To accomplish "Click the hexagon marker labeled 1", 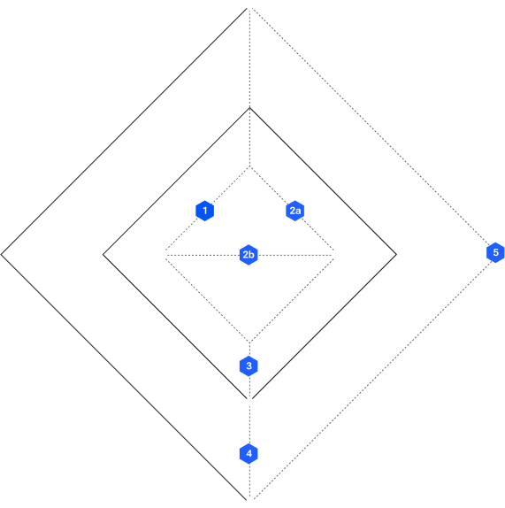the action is [204, 211].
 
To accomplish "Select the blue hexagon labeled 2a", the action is [295, 211].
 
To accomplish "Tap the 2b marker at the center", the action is [249, 255].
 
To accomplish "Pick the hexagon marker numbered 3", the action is [249, 366].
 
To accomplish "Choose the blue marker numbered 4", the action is [249, 453].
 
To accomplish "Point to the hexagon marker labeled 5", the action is [495, 252].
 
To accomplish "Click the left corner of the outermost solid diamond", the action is [1, 255].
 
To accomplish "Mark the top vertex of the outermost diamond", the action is [249, 7].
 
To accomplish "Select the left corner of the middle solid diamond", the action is [103, 255].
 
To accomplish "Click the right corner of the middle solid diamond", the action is [396, 255].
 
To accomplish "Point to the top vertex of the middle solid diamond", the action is [249, 108].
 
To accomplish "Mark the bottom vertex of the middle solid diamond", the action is [249, 399].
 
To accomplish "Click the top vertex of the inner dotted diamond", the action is [249, 167].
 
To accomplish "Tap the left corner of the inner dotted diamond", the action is [165, 255].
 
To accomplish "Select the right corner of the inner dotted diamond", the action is [333, 255].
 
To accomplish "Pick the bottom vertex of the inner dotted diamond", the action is [249, 343].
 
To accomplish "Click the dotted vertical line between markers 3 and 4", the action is [249, 410].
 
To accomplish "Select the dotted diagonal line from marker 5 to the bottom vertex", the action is [372, 379].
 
